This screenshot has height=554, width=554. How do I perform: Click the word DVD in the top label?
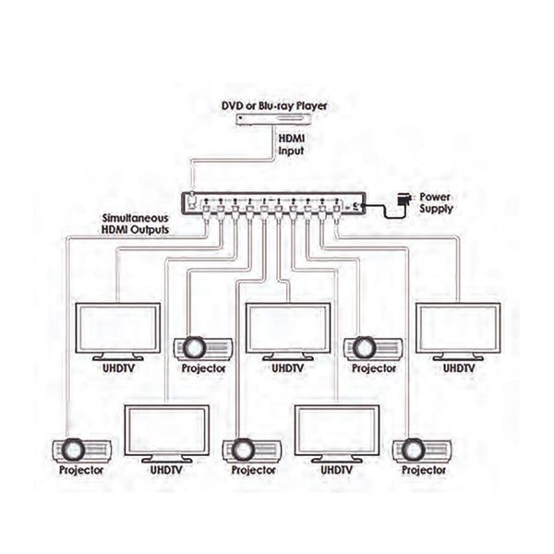[232, 105]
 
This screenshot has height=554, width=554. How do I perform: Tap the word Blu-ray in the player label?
[276, 106]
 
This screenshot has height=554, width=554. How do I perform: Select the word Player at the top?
[312, 106]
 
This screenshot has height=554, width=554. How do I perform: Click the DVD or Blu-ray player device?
[274, 120]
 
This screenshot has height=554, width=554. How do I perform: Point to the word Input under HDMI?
[291, 151]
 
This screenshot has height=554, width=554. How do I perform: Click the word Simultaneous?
[136, 218]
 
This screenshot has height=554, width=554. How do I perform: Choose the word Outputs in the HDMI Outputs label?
[151, 230]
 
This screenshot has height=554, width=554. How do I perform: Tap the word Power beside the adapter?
[435, 197]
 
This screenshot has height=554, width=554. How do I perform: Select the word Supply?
[436, 209]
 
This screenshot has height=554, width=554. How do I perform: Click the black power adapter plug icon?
[403, 199]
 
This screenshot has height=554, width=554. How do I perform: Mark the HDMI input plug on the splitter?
[192, 198]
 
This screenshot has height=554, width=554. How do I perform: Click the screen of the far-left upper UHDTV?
[118, 328]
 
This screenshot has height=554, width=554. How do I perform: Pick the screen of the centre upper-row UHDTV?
[288, 328]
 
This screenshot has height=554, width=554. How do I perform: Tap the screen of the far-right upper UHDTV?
[458, 328]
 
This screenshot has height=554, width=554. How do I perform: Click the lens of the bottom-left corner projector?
[73, 450]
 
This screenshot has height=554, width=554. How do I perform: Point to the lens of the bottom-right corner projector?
[414, 450]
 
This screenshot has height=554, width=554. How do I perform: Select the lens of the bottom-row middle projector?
[244, 450]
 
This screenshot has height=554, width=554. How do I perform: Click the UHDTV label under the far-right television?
[459, 368]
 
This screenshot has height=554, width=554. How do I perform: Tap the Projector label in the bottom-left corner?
[81, 471]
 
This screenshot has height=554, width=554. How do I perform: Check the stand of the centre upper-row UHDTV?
[288, 356]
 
